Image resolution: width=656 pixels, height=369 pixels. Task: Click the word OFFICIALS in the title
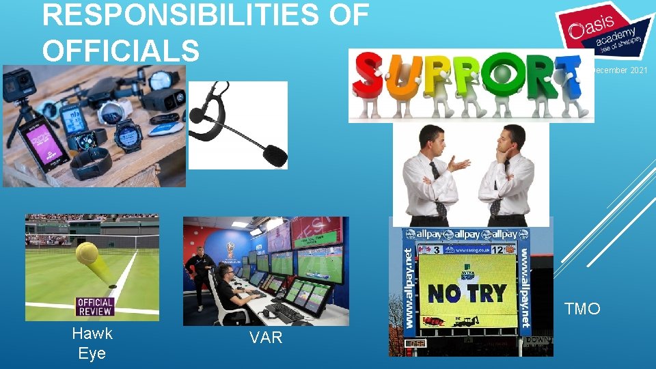pos(121,50)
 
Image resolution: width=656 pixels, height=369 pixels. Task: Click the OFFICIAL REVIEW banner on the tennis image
pos(95,307)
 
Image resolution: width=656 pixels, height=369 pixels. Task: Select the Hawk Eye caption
pos(92,344)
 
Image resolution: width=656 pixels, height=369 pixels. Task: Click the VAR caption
pos(266,337)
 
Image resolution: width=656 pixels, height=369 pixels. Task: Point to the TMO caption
pos(582,310)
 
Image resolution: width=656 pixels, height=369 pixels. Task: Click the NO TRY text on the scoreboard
pos(467,293)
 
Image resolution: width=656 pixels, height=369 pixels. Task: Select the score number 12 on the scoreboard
pos(498,251)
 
